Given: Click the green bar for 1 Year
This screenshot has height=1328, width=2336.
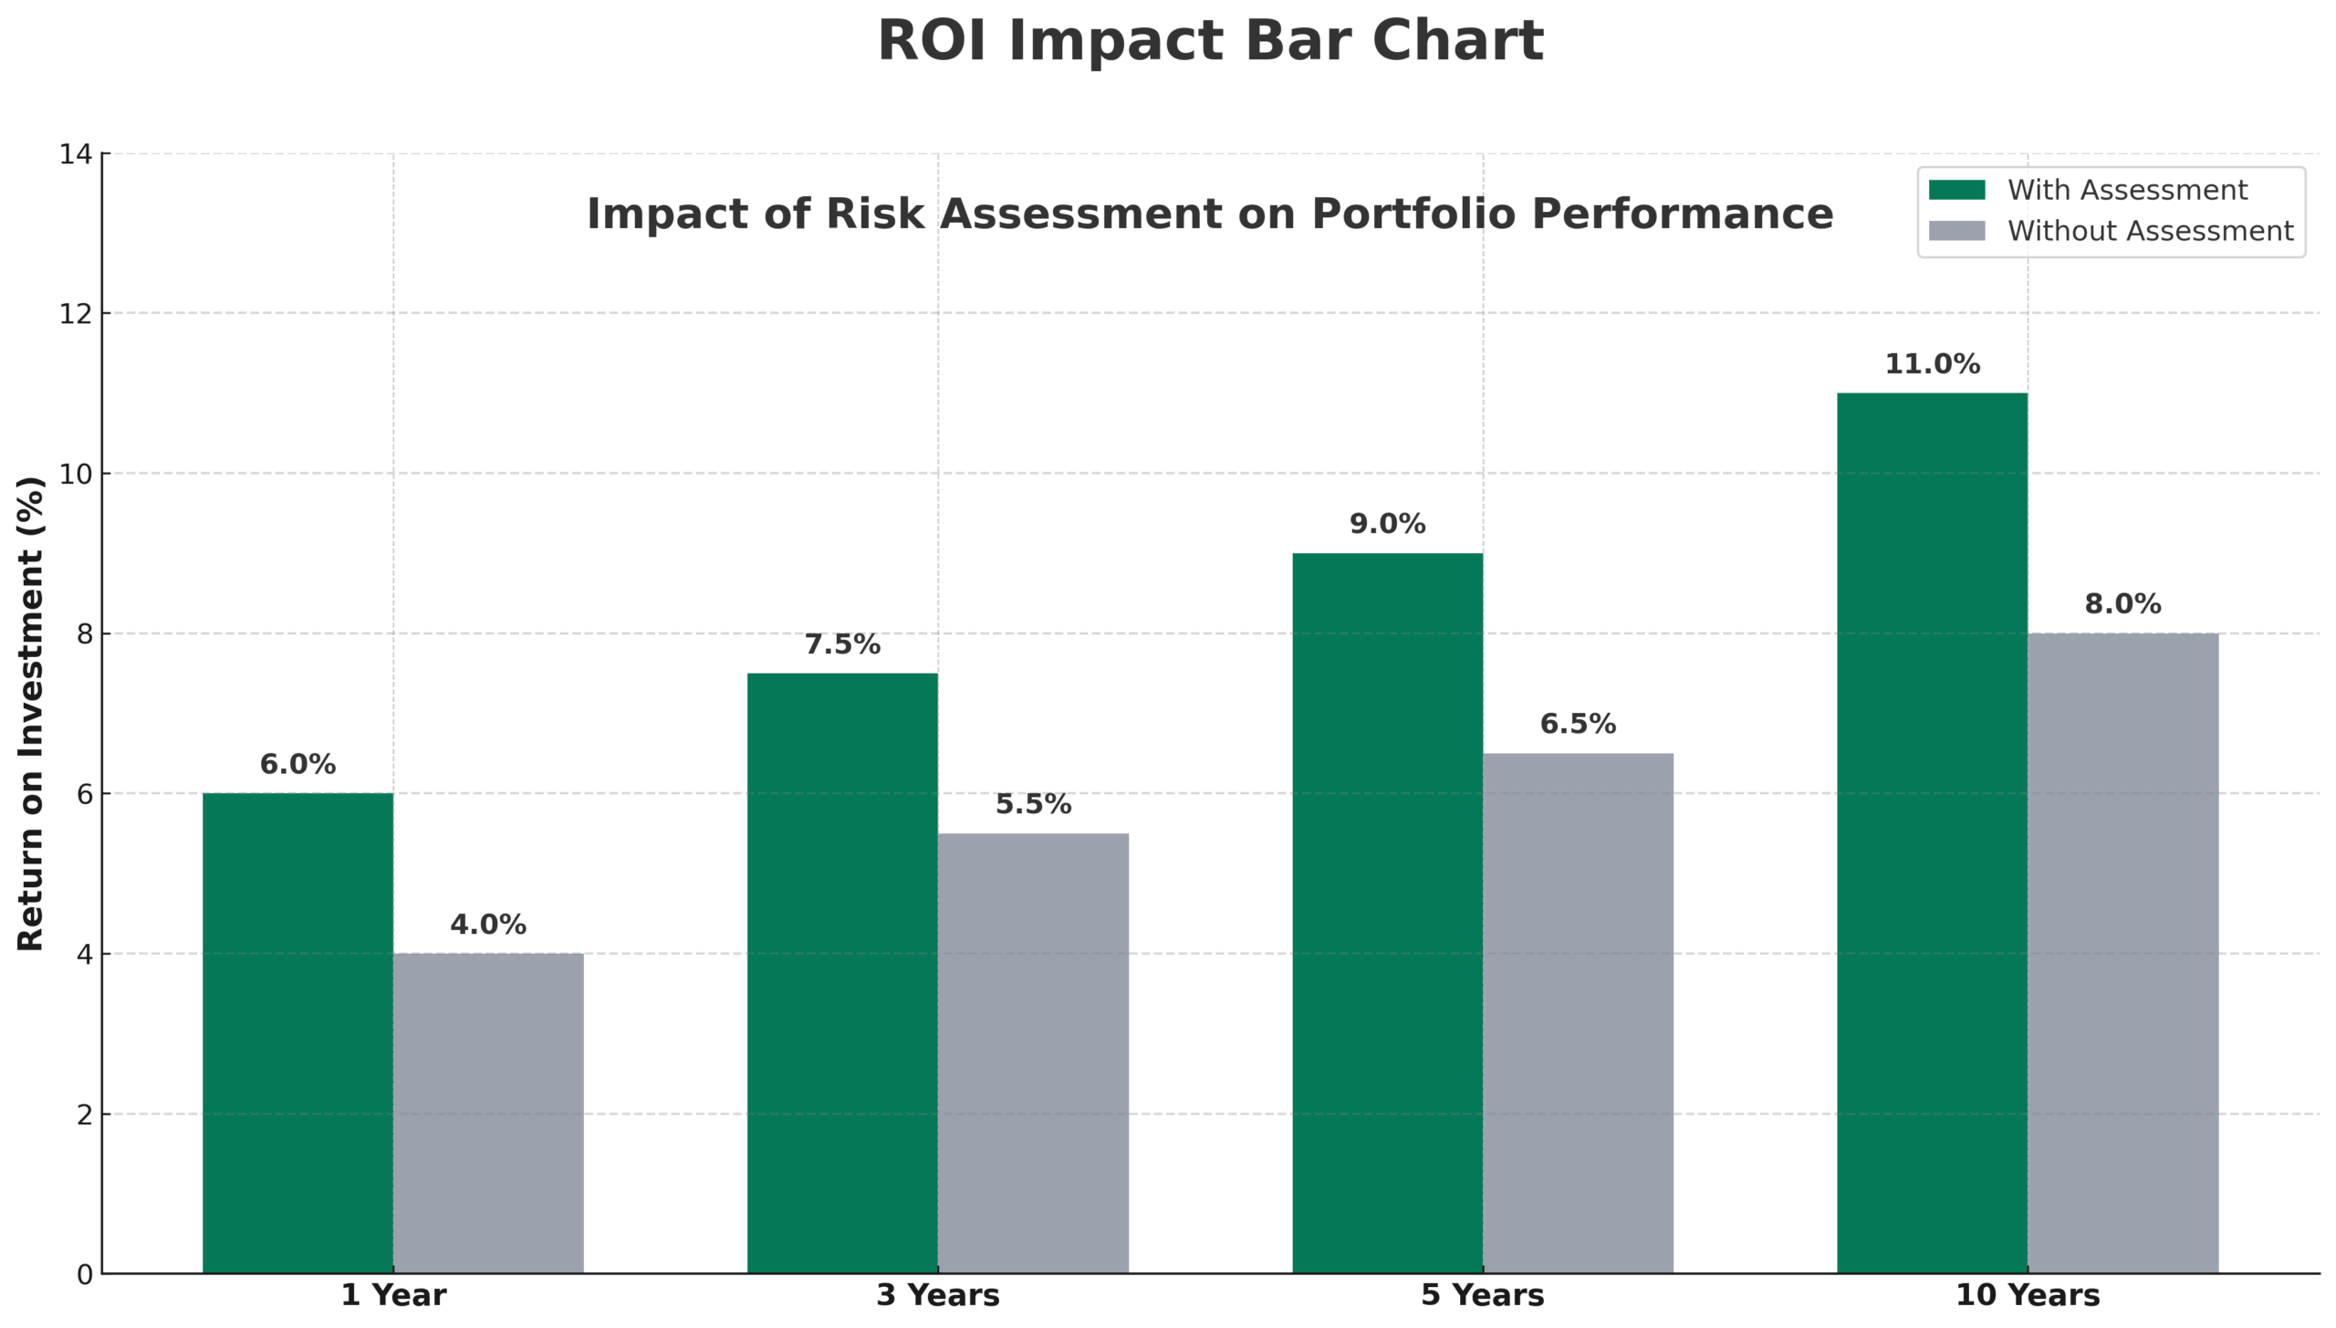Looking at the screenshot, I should click(297, 1031).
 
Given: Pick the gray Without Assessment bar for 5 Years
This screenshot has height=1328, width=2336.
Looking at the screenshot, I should click(1578, 1012).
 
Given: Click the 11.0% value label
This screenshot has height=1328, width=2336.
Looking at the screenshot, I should click(1932, 364).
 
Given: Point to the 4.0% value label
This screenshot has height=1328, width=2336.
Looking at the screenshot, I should click(488, 925).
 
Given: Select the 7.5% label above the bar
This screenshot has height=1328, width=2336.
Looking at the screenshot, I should click(842, 644).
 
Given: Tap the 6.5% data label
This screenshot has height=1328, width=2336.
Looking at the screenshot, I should click(1578, 724).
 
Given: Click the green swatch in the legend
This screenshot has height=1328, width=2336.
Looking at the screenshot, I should click(1956, 190).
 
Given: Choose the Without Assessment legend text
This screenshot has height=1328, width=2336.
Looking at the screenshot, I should click(2150, 231).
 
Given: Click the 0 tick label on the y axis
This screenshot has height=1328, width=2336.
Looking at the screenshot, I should click(84, 1275).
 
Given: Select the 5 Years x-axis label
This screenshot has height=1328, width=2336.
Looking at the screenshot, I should click(1482, 1295).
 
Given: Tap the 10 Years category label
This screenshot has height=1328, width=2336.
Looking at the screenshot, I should click(2027, 1295).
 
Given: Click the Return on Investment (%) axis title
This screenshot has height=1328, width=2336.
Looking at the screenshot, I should click(31, 713).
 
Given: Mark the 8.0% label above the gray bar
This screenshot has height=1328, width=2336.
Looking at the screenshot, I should click(2122, 604).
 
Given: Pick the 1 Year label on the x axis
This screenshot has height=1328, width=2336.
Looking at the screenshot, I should click(393, 1295).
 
